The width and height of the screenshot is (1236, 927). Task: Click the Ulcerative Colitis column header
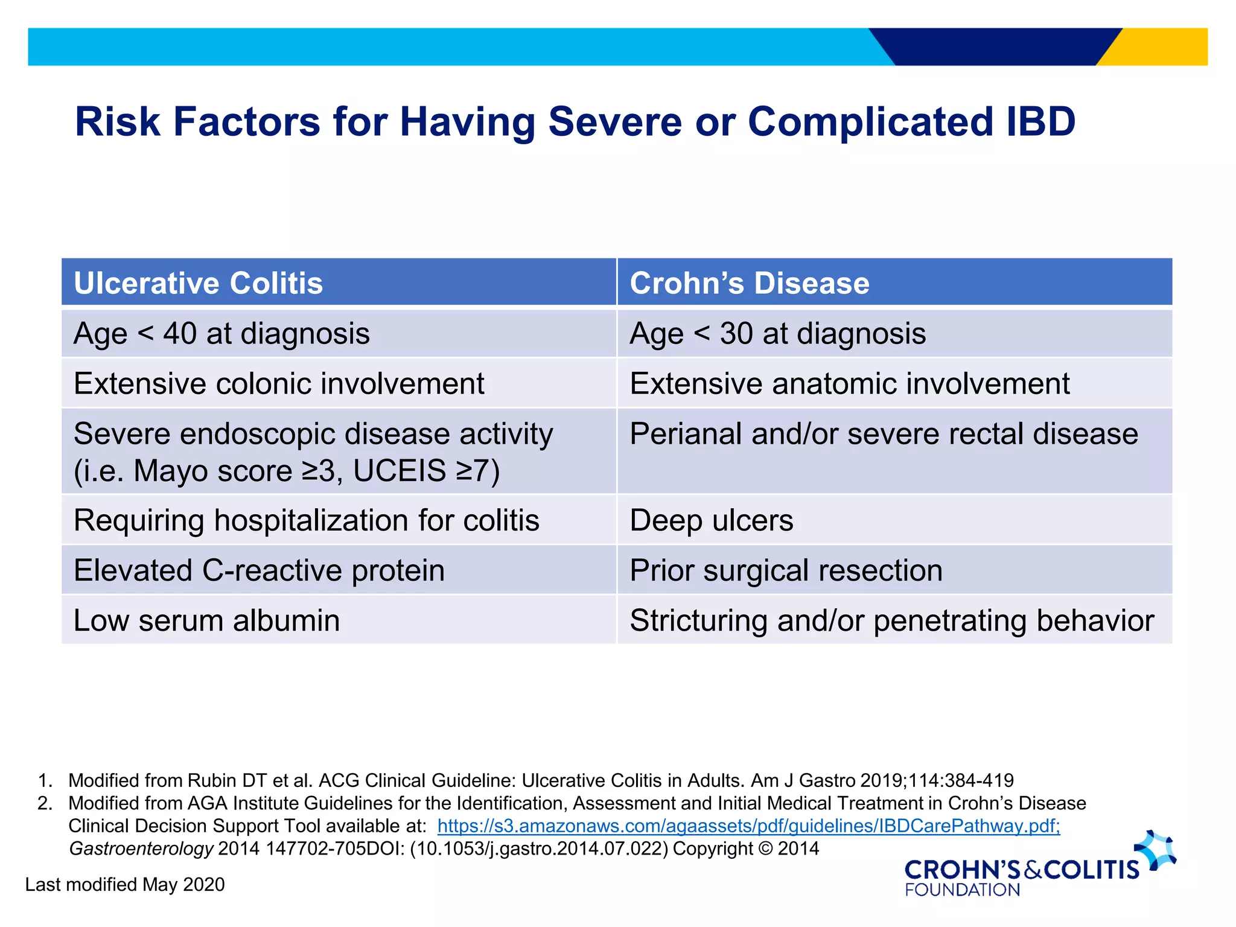[198, 283]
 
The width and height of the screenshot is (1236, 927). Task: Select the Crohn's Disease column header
[749, 283]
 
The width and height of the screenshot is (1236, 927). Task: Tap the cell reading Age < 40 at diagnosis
[221, 334]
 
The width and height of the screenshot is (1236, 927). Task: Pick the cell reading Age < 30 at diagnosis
[777, 334]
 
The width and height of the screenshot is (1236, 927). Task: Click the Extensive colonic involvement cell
[279, 384]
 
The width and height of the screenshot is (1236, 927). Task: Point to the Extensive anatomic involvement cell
[849, 384]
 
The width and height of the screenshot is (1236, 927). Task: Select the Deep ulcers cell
[711, 520]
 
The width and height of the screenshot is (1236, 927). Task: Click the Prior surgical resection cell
[786, 570]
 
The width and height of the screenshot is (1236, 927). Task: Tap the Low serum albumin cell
[206, 620]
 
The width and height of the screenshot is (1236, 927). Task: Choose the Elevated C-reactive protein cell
[259, 570]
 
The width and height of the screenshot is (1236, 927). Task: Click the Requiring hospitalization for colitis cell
[306, 520]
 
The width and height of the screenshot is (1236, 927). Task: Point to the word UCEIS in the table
[400, 471]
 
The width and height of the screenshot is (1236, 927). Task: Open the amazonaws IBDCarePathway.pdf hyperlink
[748, 826]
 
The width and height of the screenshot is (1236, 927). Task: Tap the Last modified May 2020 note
[125, 884]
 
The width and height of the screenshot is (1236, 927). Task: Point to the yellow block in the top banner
[1165, 47]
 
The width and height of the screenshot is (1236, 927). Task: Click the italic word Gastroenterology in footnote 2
[141, 849]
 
